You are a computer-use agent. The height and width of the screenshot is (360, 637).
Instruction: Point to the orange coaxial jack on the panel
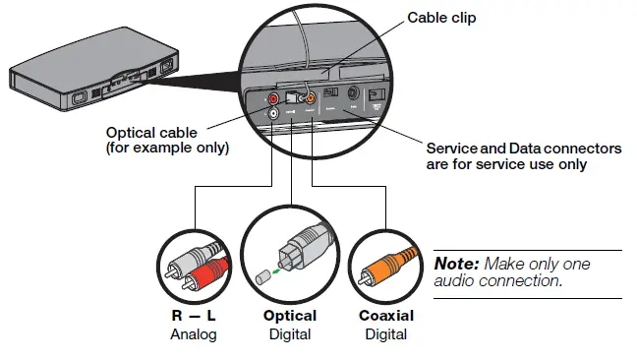[x=310, y=98]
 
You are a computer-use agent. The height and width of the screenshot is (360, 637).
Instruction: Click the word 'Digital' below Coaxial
[x=384, y=333]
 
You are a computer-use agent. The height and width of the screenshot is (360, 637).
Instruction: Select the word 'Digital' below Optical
[x=289, y=333]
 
